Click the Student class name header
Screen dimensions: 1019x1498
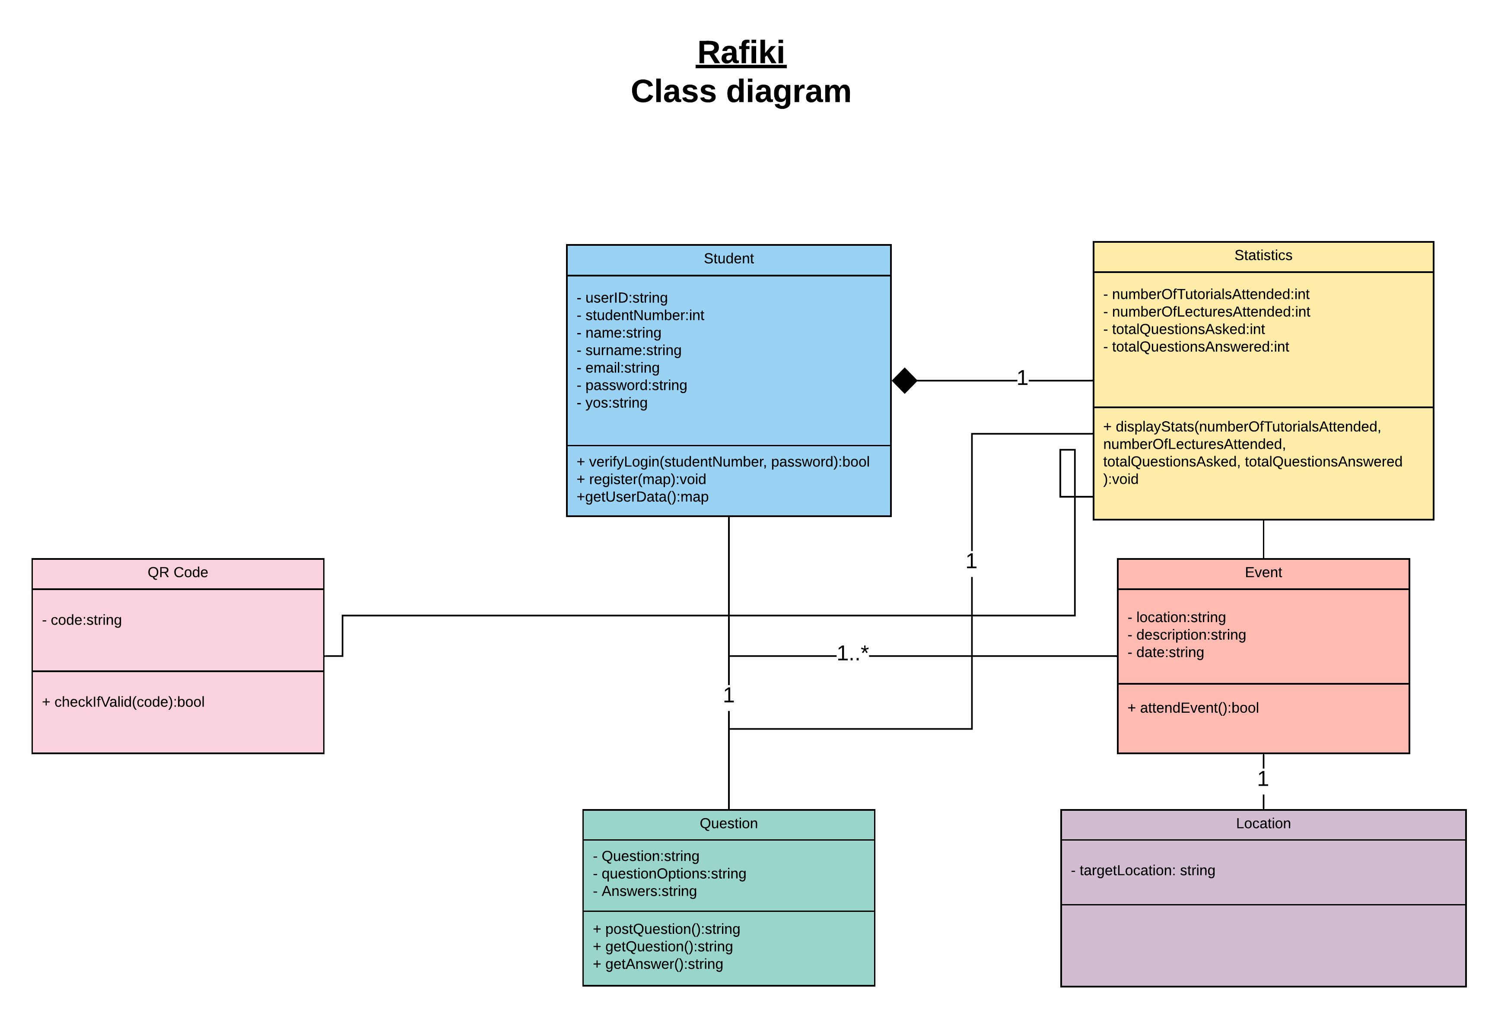(x=728, y=258)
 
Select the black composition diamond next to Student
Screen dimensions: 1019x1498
(x=904, y=380)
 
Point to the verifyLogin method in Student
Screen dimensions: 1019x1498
(x=722, y=461)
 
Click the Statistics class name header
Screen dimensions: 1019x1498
(x=1262, y=255)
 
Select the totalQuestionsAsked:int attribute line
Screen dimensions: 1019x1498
(x=1187, y=329)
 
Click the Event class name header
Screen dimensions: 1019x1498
(x=1263, y=572)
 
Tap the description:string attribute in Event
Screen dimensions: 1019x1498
(x=1190, y=635)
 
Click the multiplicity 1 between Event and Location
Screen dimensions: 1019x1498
(x=1263, y=778)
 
